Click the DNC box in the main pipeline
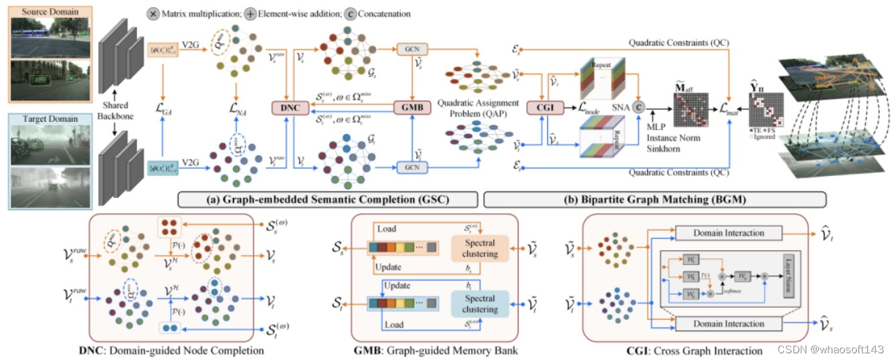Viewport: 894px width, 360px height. click(288, 108)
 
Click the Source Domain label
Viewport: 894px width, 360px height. click(41, 11)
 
